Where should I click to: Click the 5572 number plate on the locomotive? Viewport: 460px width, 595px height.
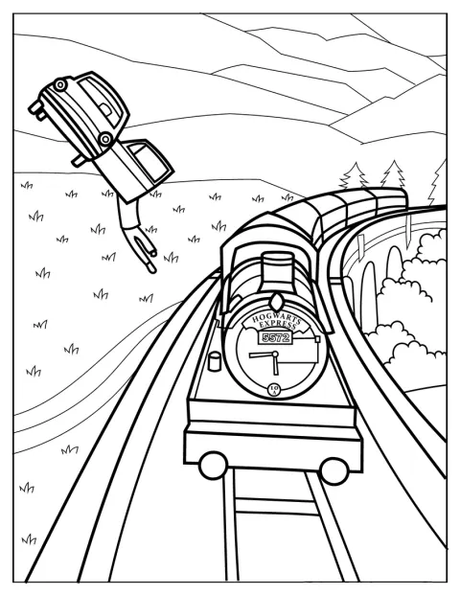pyautogui.click(x=276, y=337)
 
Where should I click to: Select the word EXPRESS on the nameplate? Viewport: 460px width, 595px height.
pyautogui.click(x=278, y=326)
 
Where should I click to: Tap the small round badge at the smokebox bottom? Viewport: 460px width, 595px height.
pyautogui.click(x=274, y=389)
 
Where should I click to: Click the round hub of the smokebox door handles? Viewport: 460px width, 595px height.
pyautogui.click(x=275, y=355)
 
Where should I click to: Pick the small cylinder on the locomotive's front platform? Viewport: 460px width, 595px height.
pyautogui.click(x=215, y=361)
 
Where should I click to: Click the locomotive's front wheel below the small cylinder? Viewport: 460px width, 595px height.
pyautogui.click(x=213, y=465)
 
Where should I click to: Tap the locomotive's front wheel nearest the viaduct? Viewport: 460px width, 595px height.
pyautogui.click(x=334, y=470)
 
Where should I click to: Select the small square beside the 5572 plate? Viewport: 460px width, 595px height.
pyautogui.click(x=317, y=339)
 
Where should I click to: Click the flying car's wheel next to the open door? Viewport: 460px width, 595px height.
pyautogui.click(x=105, y=139)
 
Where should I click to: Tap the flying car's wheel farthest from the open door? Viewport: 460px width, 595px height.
pyautogui.click(x=60, y=84)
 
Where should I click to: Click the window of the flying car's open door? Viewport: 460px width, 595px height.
pyautogui.click(x=149, y=161)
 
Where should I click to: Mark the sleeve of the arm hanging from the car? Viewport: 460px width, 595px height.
pyautogui.click(x=127, y=214)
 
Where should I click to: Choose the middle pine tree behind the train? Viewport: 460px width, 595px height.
pyautogui.click(x=393, y=174)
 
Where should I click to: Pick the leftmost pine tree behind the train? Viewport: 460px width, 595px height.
pyautogui.click(x=353, y=175)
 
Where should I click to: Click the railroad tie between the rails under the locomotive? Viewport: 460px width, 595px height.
pyautogui.click(x=276, y=507)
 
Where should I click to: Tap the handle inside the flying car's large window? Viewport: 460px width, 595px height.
pyautogui.click(x=106, y=109)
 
